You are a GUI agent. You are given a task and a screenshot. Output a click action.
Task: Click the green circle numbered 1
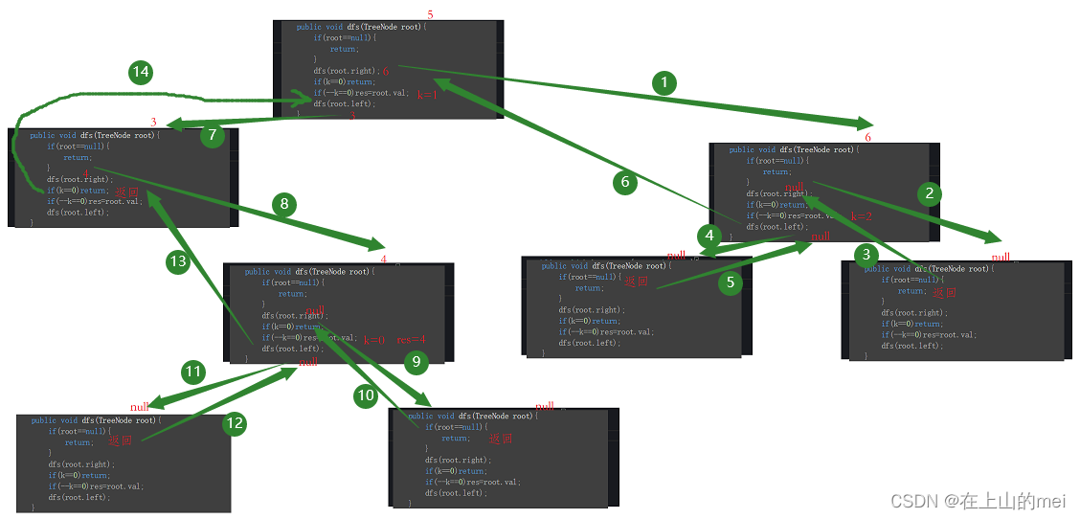coord(664,83)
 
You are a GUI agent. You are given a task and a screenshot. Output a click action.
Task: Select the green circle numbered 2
coord(928,193)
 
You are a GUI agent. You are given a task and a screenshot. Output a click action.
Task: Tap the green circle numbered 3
coord(866,254)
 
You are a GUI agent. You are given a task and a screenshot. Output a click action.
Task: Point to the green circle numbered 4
coord(709,236)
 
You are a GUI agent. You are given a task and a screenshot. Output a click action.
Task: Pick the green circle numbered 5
coord(731,282)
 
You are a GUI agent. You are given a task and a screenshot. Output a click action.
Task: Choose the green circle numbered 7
coord(213,135)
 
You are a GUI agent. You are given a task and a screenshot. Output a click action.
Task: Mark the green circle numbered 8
coord(283,203)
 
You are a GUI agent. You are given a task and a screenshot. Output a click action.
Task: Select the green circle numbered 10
coord(366,396)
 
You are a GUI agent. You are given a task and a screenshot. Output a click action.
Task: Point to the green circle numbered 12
coord(236,421)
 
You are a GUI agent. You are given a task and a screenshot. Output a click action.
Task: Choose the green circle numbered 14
coord(142,72)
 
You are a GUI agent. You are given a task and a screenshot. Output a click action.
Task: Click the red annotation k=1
coord(427,96)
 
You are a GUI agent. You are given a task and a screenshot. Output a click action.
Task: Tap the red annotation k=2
coord(861,216)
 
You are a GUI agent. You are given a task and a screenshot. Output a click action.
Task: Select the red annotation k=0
coord(373,340)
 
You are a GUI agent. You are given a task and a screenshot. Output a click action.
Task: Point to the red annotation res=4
coord(412,340)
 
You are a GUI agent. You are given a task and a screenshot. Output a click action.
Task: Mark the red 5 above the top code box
coord(430,14)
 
